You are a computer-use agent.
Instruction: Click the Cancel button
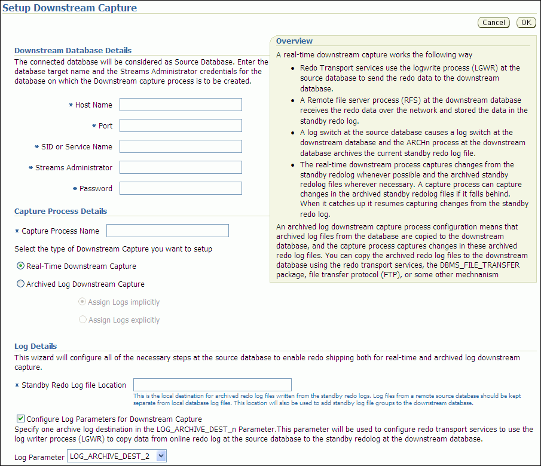[493, 23]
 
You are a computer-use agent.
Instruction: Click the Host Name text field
[181, 105]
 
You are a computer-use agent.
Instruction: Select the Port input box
[181, 126]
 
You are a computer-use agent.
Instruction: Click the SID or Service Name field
[181, 147]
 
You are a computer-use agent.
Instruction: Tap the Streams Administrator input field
[181, 168]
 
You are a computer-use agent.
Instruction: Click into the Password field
[181, 189]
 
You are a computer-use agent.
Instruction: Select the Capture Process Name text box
[167, 231]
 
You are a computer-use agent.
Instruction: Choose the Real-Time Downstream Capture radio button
[21, 266]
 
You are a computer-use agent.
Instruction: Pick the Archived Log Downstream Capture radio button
[21, 284]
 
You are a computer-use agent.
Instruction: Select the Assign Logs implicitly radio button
[83, 302]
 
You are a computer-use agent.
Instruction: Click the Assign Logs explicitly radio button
[83, 320]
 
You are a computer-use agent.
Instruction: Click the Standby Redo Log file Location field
[212, 385]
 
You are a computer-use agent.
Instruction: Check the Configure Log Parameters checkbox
[21, 419]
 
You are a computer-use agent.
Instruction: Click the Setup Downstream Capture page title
[70, 8]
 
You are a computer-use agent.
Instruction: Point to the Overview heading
[294, 41]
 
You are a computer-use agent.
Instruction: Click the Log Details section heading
[36, 347]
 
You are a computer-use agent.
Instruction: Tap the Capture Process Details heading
[60, 211]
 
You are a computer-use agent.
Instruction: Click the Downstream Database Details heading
[73, 51]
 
